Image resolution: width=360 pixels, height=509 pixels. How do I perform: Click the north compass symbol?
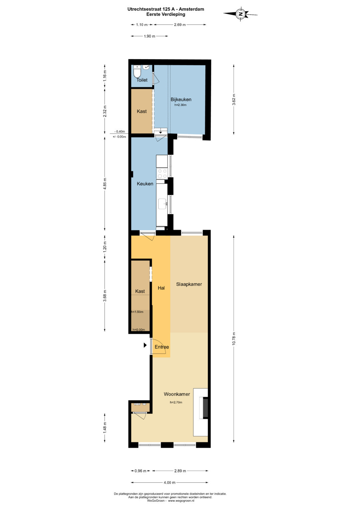click(240, 14)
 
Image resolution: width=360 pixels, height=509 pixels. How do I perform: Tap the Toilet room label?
click(142, 80)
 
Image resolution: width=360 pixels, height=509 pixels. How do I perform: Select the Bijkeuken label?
click(181, 100)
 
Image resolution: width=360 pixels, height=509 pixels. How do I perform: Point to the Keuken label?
click(145, 184)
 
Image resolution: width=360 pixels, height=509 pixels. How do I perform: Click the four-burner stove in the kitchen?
click(162, 173)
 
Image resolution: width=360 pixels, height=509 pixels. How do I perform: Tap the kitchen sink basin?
click(163, 204)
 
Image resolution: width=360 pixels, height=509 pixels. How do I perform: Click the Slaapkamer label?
click(189, 284)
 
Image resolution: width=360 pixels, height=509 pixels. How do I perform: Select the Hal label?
click(161, 288)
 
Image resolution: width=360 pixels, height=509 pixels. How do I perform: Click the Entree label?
click(162, 347)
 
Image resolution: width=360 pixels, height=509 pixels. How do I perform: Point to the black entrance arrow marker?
click(145, 345)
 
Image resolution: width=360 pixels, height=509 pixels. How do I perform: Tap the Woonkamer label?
click(177, 394)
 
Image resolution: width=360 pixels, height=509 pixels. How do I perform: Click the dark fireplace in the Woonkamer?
click(205, 407)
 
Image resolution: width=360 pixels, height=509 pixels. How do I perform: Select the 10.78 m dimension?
click(234, 339)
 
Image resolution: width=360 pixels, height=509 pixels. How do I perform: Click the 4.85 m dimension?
click(105, 184)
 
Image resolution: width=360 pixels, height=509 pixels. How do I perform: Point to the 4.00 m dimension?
click(170, 482)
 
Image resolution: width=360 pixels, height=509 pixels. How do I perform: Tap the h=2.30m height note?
click(180, 105)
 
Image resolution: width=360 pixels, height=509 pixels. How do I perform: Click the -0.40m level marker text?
click(120, 132)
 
